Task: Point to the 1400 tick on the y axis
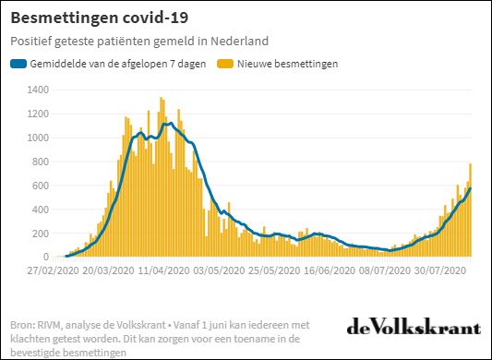tap(39, 90)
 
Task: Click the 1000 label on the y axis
tap(39, 138)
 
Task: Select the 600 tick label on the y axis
tap(42, 186)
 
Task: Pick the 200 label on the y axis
tap(42, 234)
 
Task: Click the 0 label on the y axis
tap(47, 258)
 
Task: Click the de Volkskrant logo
tap(414, 328)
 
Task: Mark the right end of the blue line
tap(470, 188)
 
